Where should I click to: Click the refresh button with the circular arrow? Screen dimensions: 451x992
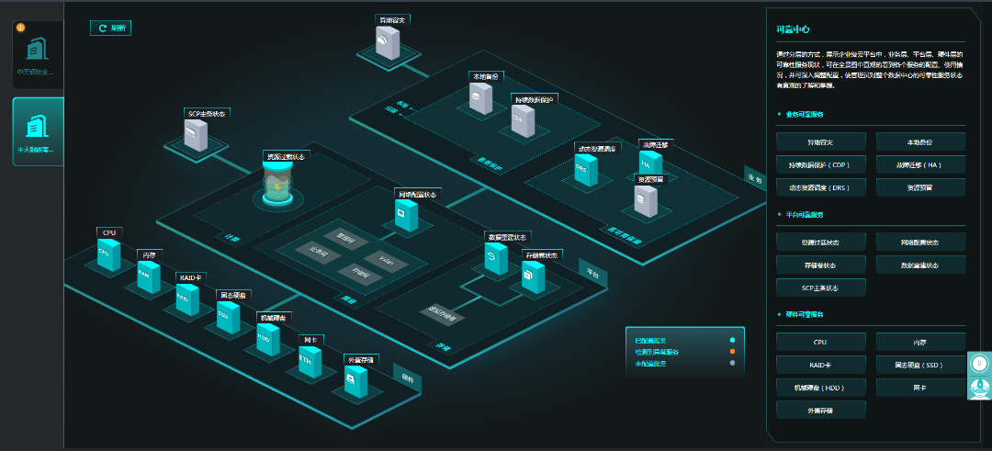point(110,28)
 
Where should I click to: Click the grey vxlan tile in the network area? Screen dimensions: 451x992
point(387,260)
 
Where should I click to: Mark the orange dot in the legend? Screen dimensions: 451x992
point(732,352)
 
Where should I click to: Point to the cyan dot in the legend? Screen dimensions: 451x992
point(732,341)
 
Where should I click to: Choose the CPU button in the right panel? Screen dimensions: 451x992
point(820,342)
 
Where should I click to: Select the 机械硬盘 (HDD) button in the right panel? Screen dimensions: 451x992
point(820,387)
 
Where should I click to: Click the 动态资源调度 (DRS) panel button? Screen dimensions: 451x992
point(820,187)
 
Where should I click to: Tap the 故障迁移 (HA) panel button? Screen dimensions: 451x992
point(919,165)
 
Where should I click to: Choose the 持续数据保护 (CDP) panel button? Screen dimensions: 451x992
point(820,165)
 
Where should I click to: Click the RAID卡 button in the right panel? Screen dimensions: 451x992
point(820,365)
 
